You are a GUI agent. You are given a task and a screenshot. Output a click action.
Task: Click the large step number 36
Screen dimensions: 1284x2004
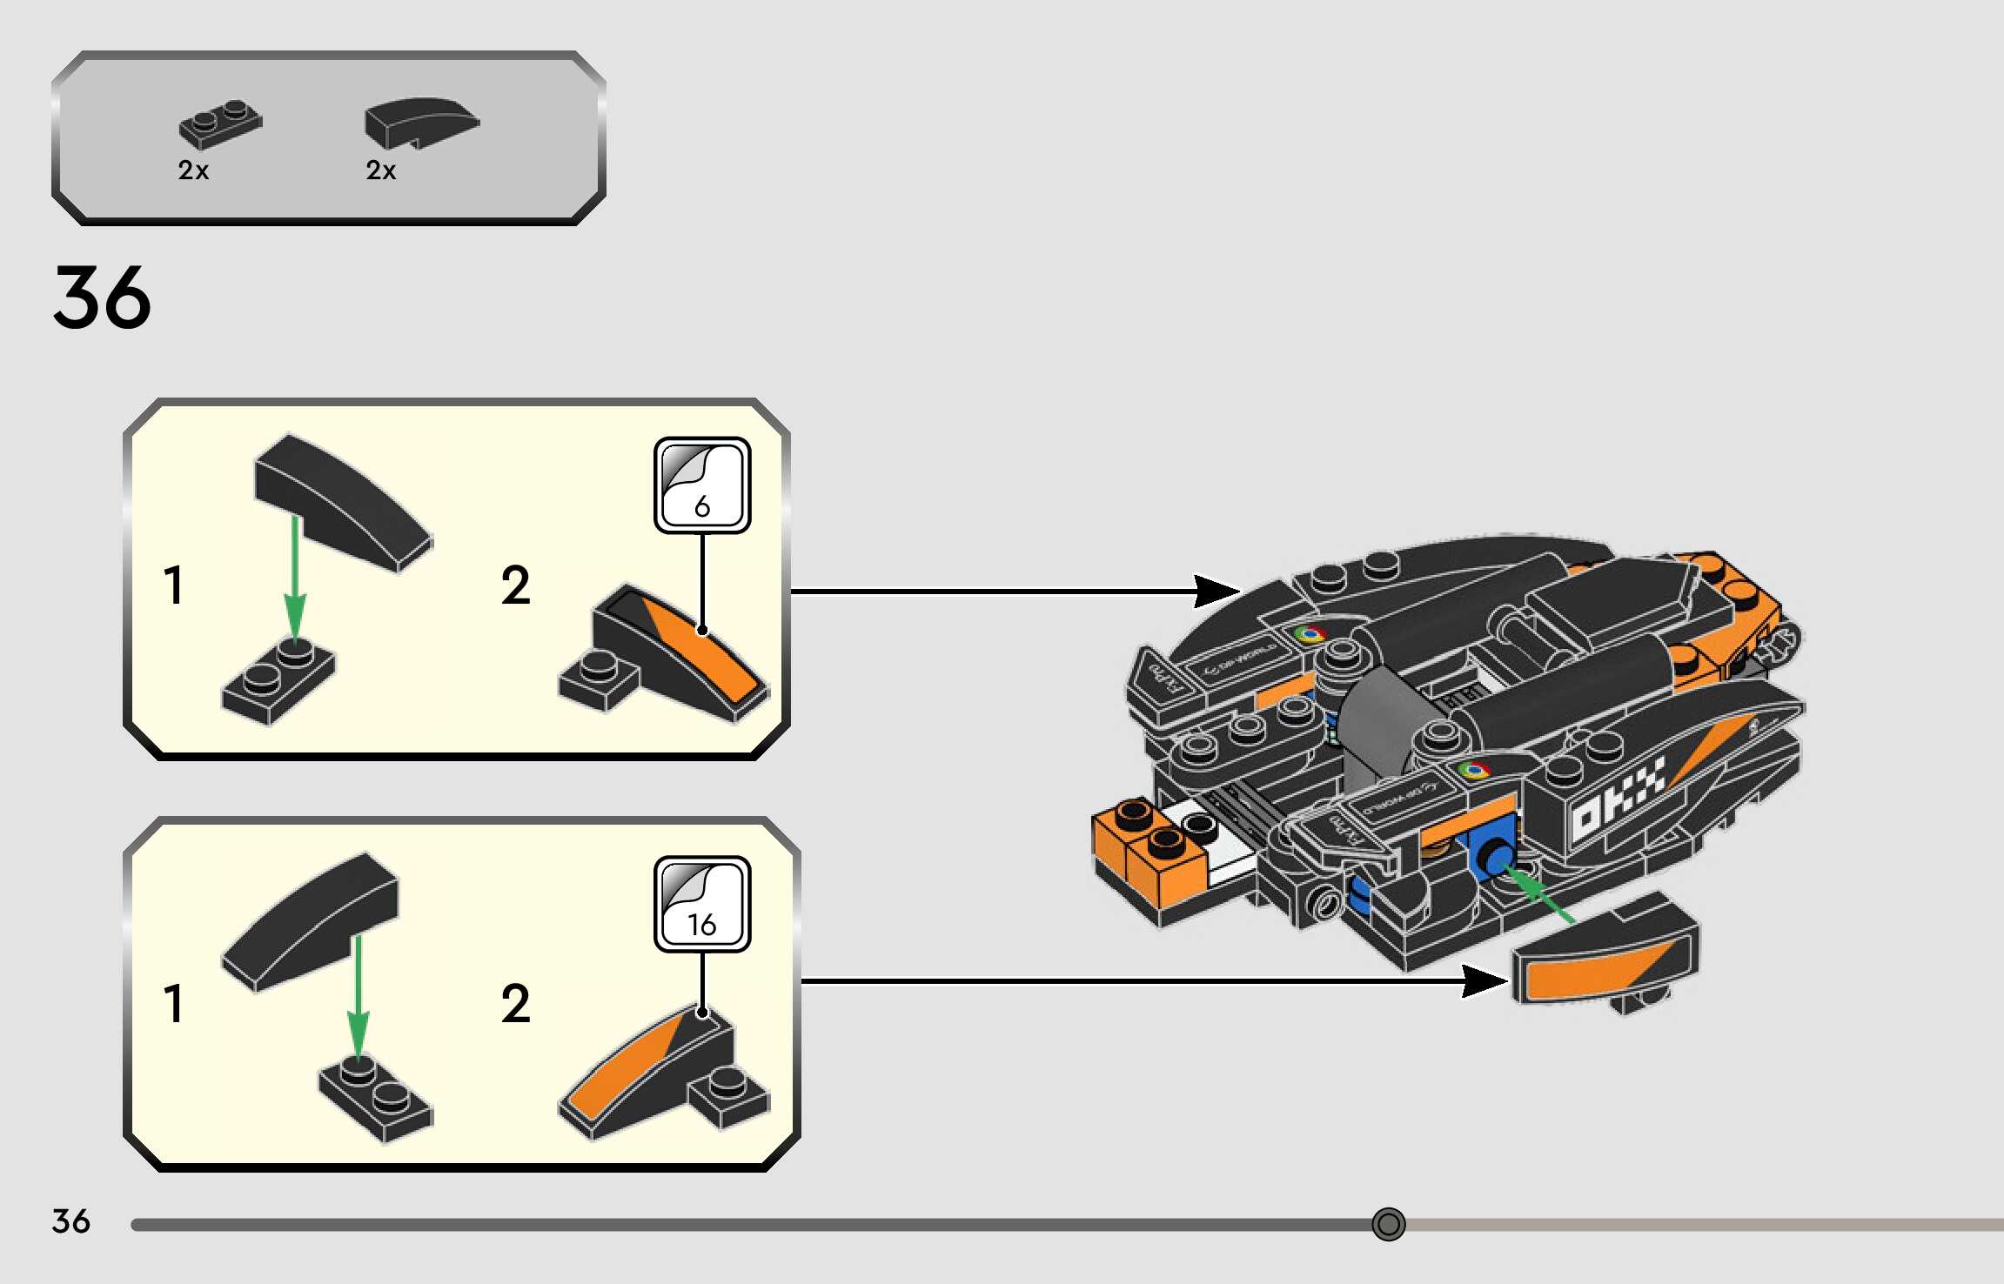(x=102, y=298)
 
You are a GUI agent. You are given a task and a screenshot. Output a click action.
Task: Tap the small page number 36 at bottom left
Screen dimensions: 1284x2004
(x=70, y=1221)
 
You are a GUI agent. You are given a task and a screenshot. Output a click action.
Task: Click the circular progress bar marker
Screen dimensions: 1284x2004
(x=1388, y=1224)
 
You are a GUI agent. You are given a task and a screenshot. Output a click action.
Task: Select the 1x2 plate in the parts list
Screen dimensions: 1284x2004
(x=220, y=125)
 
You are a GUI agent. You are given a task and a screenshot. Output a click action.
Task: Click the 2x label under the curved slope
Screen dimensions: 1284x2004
(x=380, y=171)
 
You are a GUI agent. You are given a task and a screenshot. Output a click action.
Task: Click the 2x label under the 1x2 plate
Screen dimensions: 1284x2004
(x=193, y=171)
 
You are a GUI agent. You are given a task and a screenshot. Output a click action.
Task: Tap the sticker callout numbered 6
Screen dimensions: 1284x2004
(x=702, y=485)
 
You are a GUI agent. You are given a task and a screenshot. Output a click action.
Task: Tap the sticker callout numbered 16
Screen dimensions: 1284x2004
(x=702, y=904)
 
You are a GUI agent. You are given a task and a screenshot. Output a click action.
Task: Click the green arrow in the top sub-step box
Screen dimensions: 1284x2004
(x=295, y=578)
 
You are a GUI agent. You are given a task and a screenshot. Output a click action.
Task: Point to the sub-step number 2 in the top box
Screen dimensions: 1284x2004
(x=515, y=585)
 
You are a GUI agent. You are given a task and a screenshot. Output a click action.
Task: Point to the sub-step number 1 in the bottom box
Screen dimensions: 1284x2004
(x=174, y=1003)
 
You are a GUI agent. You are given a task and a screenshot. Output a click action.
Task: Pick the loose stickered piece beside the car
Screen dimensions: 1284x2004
(x=1605, y=957)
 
